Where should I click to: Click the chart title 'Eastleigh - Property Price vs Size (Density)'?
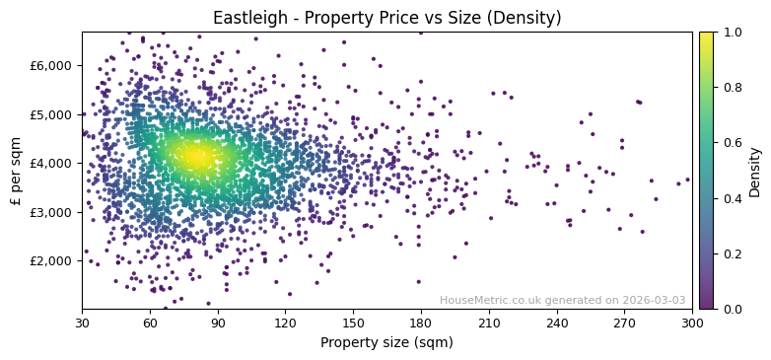click(x=386, y=18)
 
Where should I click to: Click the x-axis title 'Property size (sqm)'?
click(x=386, y=343)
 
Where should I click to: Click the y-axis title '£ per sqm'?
click(x=17, y=171)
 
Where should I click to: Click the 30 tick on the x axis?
click(x=82, y=323)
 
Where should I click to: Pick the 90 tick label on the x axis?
click(x=218, y=323)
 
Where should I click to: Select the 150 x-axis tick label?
click(x=353, y=323)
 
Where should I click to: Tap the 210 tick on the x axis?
click(x=489, y=323)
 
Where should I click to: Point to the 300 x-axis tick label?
click(x=692, y=323)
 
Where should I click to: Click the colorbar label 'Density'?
click(x=755, y=171)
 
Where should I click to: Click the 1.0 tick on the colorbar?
click(x=730, y=33)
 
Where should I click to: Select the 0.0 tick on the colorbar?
click(x=730, y=309)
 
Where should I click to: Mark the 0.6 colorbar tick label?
click(x=730, y=143)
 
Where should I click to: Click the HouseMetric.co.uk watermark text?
click(x=562, y=300)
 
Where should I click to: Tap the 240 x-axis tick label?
click(x=557, y=323)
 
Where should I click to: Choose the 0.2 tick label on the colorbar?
click(x=730, y=253)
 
